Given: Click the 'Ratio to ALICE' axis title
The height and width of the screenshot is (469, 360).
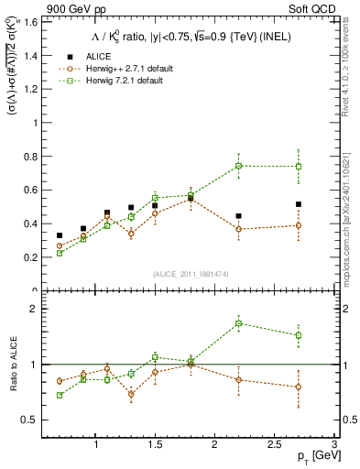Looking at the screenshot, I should (13, 365).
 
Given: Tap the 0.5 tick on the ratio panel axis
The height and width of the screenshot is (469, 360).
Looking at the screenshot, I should (34, 420).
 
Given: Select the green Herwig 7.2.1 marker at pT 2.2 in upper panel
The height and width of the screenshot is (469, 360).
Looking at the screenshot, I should (239, 166).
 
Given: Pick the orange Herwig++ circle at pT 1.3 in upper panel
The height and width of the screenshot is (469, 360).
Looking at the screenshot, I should (131, 234).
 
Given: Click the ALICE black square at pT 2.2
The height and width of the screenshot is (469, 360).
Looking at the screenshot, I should (239, 216).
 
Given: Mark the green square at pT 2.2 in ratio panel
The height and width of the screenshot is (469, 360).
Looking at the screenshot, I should (239, 323).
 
